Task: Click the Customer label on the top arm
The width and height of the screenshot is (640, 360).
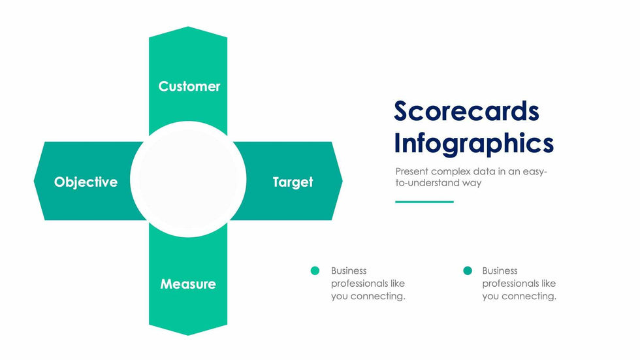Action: click(189, 86)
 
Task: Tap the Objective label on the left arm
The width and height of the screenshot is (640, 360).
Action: click(86, 182)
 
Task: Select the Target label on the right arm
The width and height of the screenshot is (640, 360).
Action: click(293, 182)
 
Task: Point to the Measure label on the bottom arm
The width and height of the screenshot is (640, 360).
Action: click(188, 284)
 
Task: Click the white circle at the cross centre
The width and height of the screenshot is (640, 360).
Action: click(188, 179)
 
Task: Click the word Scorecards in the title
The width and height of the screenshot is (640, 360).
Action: click(466, 111)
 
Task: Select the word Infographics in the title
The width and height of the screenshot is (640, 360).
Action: click(473, 143)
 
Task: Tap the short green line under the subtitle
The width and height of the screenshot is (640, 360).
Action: click(424, 202)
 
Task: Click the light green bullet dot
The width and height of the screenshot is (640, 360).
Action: click(315, 270)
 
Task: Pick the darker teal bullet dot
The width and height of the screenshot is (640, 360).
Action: click(467, 270)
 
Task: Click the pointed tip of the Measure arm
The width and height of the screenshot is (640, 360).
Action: click(188, 333)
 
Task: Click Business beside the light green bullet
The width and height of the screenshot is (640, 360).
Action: click(349, 270)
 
